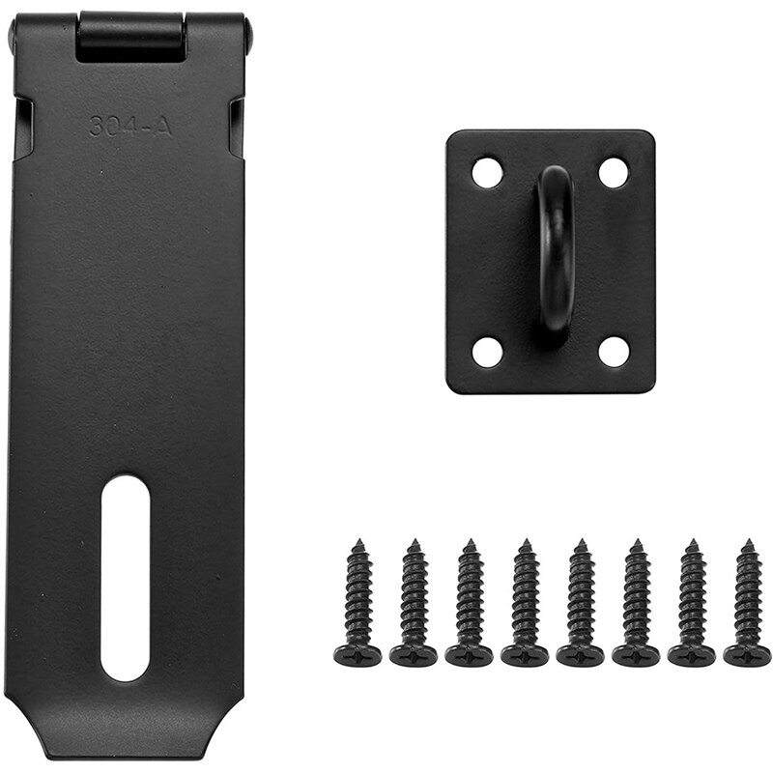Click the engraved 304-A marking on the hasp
(130, 126)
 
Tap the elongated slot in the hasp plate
(126, 577)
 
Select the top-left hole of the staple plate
(488, 173)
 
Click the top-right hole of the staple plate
(614, 173)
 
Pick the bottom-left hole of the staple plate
(488, 352)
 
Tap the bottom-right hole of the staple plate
(614, 352)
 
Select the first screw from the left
(358, 604)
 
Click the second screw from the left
(414, 604)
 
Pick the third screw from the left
(470, 604)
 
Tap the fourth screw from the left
(525, 604)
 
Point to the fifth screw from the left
(580, 604)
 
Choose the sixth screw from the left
(636, 604)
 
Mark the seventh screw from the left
(692, 604)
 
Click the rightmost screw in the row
(747, 604)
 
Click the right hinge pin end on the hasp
(248, 37)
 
